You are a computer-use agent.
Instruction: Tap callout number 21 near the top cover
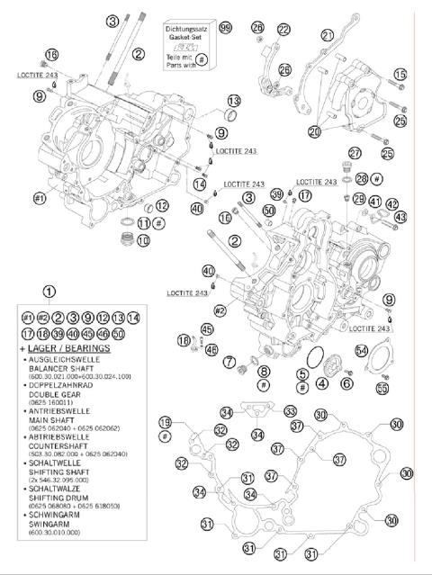pos(328,35)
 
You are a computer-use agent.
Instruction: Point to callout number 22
pos(284,30)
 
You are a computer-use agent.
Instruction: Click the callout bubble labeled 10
pos(142,241)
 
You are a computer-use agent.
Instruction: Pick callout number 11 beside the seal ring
pos(144,223)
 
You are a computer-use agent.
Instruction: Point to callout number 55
pos(382,388)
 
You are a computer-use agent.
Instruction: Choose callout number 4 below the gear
pos(321,382)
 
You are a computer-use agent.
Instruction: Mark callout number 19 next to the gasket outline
pos(165,422)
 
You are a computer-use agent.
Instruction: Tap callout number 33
pos(291,411)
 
